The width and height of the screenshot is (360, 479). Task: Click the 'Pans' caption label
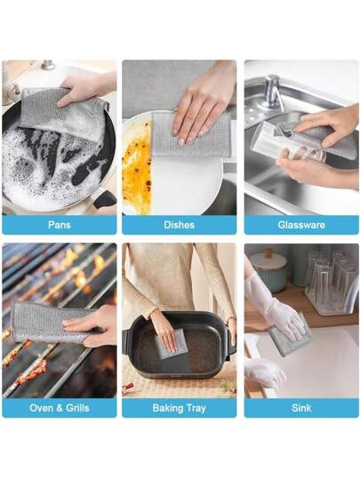(60, 225)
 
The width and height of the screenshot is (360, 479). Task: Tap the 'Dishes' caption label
(179, 225)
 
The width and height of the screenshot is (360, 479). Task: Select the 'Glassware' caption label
(301, 225)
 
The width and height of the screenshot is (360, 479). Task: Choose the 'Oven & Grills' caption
(60, 408)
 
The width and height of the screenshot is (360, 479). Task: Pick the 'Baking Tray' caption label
(179, 408)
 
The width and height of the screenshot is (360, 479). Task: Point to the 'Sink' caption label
(301, 408)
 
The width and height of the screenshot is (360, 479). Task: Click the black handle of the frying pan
(105, 200)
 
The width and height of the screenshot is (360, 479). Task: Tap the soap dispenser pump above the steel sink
(270, 92)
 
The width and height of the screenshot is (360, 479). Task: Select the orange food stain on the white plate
(136, 167)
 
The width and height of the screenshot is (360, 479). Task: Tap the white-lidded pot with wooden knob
(268, 270)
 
